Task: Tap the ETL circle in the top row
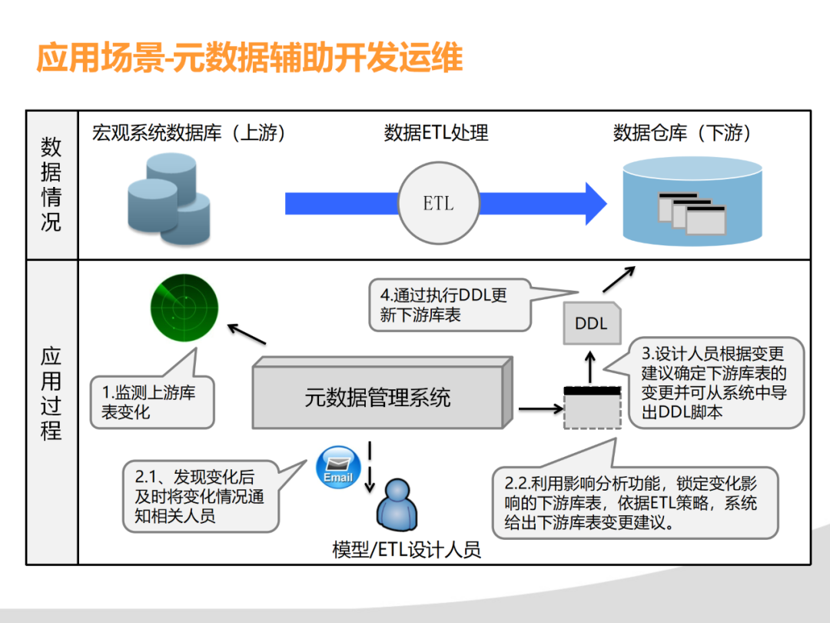click(x=438, y=204)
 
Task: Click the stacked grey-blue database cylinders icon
click(x=168, y=198)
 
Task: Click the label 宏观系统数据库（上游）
click(x=189, y=132)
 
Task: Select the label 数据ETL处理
click(x=436, y=132)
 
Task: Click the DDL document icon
click(x=591, y=323)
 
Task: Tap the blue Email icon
click(x=338, y=466)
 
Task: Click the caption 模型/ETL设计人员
click(x=407, y=549)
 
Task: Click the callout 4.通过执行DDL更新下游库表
click(x=450, y=305)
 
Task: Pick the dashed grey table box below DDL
click(x=591, y=408)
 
